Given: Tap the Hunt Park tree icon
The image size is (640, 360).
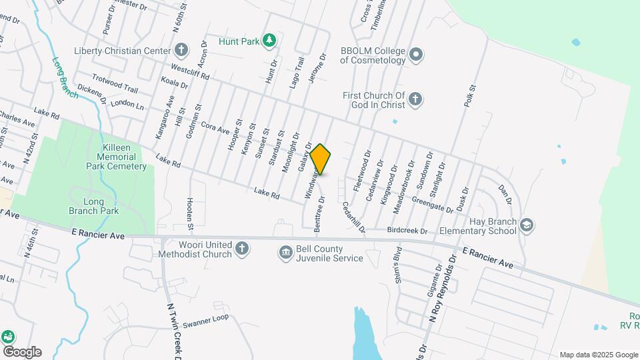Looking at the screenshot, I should [x=269, y=41].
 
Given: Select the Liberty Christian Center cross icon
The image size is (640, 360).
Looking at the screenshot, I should [x=181, y=50].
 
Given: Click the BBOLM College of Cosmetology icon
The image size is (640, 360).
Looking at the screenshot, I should [x=416, y=55].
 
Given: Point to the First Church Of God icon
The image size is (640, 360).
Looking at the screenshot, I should [x=415, y=100].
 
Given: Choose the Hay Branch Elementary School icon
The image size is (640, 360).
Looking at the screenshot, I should [x=527, y=225].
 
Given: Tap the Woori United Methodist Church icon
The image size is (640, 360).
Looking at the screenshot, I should [x=242, y=249].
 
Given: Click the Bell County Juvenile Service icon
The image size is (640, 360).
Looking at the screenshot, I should [x=286, y=252].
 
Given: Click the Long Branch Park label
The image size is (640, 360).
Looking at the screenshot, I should [x=93, y=206].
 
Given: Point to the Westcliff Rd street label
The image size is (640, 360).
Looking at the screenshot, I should [x=190, y=72].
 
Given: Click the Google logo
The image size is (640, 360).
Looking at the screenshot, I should [x=21, y=351].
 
